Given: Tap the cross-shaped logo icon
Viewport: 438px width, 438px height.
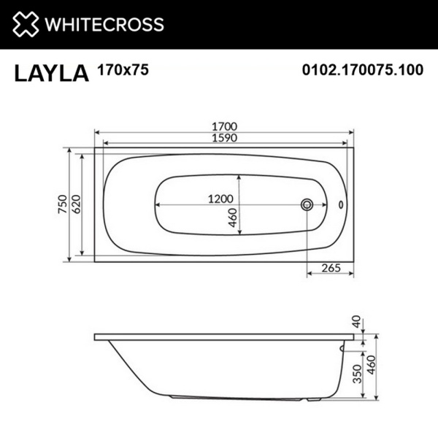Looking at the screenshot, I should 24,24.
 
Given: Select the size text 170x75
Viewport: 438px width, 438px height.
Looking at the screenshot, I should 118,70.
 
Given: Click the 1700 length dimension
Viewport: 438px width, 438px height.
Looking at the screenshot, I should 225,126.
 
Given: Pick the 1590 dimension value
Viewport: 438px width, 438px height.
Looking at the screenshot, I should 225,137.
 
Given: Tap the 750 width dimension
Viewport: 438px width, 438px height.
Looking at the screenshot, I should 63,204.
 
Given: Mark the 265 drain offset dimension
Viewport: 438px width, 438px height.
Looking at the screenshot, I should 331,268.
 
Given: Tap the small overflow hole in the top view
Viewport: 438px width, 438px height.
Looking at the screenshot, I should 340,204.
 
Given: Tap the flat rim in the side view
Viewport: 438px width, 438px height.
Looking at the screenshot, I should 219,338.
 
